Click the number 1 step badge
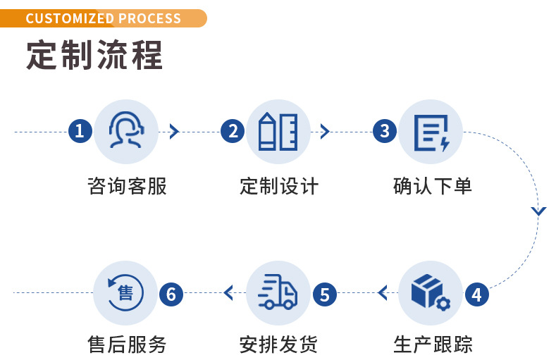[x=80, y=131]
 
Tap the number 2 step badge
[x=232, y=131]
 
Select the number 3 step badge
[x=385, y=131]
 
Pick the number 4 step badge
[x=477, y=294]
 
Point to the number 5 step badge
[x=324, y=294]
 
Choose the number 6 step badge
[x=171, y=294]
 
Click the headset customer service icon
[x=125, y=131]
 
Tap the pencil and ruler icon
[x=278, y=131]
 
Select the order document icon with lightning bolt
[x=431, y=132]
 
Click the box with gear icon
[x=431, y=292]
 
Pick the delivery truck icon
[x=278, y=292]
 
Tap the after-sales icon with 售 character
[x=125, y=292]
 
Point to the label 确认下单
[x=432, y=187]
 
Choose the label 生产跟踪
[x=432, y=345]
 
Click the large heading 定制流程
[x=94, y=55]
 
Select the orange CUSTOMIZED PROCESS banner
[x=104, y=18]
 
